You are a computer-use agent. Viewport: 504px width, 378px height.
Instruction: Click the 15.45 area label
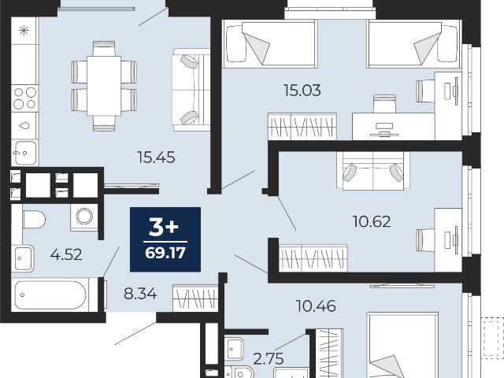[156, 157]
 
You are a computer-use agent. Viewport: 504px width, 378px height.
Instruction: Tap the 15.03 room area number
[302, 91]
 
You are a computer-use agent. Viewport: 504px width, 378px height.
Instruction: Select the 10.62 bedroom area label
[372, 221]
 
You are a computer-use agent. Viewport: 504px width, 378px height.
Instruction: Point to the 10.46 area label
[316, 306]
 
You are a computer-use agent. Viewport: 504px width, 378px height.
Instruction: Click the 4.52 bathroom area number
[66, 254]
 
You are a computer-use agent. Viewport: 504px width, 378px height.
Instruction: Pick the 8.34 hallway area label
[140, 294]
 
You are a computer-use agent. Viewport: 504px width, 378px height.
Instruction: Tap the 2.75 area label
[269, 359]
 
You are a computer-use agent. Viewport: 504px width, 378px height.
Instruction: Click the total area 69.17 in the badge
[165, 253]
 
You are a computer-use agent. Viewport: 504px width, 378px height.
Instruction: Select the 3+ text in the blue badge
[164, 228]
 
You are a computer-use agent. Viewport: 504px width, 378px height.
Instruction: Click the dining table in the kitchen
[104, 86]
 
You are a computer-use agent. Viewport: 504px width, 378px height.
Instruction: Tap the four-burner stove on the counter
[24, 98]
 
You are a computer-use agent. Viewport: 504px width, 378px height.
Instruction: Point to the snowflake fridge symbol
[24, 31]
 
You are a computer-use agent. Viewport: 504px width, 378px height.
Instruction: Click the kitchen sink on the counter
[24, 153]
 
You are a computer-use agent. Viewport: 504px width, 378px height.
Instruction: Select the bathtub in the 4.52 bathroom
[50, 295]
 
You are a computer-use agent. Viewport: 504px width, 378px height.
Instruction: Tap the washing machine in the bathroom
[84, 217]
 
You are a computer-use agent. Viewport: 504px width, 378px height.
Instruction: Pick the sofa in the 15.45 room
[191, 90]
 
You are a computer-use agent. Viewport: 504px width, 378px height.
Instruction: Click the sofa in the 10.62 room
[373, 171]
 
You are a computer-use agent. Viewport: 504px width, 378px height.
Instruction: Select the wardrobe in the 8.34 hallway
[195, 298]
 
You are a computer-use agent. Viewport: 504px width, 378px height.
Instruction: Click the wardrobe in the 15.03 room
[302, 127]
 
